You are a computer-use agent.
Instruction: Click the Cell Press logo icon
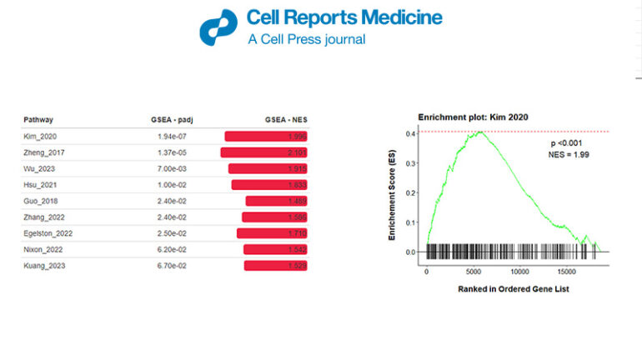218,27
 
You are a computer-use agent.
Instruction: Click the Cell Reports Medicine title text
344,17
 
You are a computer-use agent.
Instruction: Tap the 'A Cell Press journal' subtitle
306,39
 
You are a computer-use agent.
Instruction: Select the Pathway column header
38,120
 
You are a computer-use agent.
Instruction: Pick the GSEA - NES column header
286,120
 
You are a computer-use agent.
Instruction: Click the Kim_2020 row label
40,136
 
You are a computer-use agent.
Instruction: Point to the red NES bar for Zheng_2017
264,152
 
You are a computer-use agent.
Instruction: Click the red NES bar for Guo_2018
277,201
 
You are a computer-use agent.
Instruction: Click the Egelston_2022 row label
48,233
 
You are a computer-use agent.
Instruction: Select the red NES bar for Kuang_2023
276,265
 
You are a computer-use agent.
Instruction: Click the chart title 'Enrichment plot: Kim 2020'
473,117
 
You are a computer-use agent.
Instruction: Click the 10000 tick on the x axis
520,272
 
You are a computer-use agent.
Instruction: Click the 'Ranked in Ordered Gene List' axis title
513,289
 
